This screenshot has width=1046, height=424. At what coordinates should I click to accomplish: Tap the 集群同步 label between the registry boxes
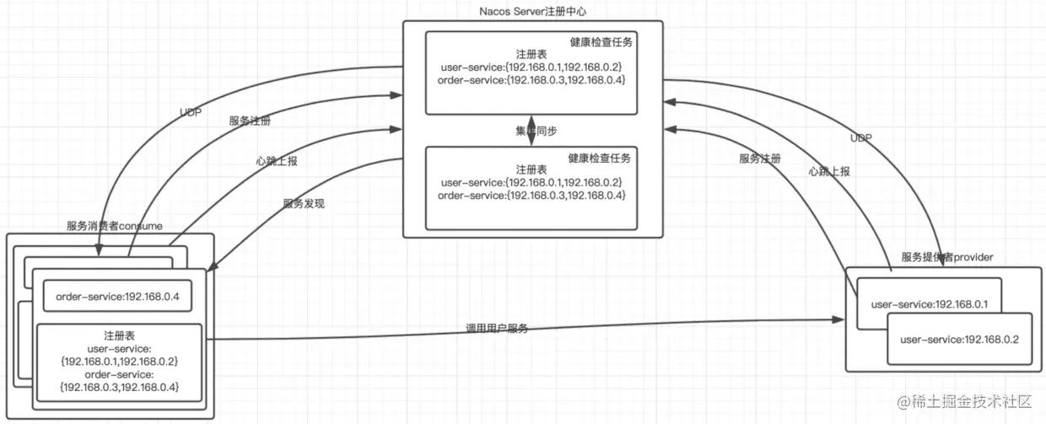tap(536, 131)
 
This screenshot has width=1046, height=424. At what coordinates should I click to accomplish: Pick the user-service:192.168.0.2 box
tap(959, 340)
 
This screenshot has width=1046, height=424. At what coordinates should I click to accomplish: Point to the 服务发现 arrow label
tap(304, 204)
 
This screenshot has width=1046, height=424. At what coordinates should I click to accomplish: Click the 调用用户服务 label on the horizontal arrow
tap(497, 328)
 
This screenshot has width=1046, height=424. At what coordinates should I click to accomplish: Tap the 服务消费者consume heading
tap(114, 226)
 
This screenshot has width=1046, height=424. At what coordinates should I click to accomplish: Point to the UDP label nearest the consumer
tap(191, 112)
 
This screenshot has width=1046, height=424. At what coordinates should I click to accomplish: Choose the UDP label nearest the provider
tap(861, 138)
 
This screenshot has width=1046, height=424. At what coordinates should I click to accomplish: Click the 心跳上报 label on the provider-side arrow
tap(828, 171)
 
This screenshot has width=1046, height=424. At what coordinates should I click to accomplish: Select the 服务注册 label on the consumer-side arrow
tap(250, 121)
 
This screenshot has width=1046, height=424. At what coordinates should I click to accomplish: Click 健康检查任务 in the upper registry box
tap(601, 41)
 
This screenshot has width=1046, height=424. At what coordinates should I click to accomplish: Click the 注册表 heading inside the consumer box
tap(119, 335)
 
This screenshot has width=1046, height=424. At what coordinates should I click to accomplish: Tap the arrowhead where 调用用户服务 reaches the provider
tap(839, 319)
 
